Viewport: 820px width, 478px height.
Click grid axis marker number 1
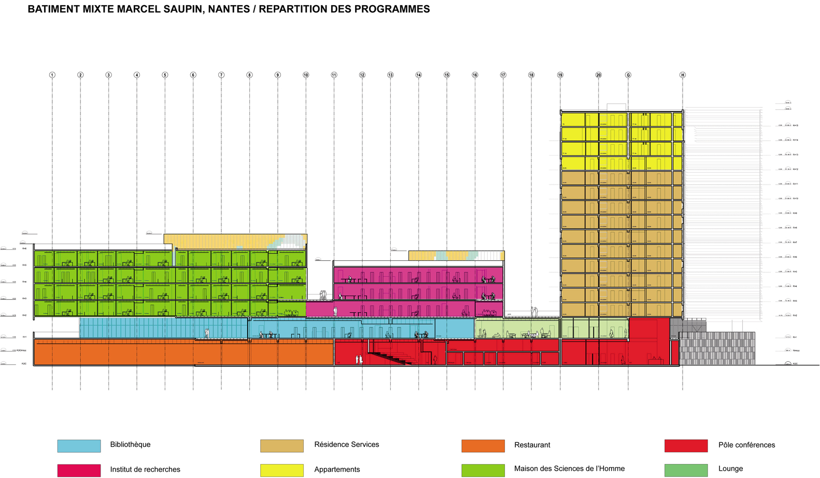pyautogui.click(x=52, y=75)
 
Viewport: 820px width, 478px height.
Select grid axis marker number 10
pyautogui.click(x=306, y=75)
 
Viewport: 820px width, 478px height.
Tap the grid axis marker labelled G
pyautogui.click(x=628, y=75)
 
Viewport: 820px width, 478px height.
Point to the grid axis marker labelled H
pyautogui.click(x=683, y=75)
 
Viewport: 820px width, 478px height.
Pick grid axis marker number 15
pyautogui.click(x=447, y=75)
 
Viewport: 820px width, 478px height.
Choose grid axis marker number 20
pyautogui.click(x=599, y=75)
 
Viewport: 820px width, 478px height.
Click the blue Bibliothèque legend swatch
pyautogui.click(x=79, y=446)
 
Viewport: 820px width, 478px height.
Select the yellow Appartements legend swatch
pyautogui.click(x=282, y=470)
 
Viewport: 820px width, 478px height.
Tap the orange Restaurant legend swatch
pyautogui.click(x=483, y=446)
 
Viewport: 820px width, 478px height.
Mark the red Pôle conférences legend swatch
pyautogui.click(x=686, y=446)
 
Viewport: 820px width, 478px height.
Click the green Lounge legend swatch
pyautogui.click(x=686, y=470)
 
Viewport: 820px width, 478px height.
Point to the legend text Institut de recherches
pyautogui.click(x=145, y=470)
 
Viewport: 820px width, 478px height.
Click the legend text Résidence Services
pyautogui.click(x=346, y=445)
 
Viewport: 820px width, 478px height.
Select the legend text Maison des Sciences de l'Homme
pyautogui.click(x=569, y=469)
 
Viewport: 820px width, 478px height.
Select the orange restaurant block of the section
pyautogui.click(x=181, y=353)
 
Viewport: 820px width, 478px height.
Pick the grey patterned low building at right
pyautogui.click(x=717, y=348)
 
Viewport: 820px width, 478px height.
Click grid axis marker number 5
pyautogui.click(x=165, y=75)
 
